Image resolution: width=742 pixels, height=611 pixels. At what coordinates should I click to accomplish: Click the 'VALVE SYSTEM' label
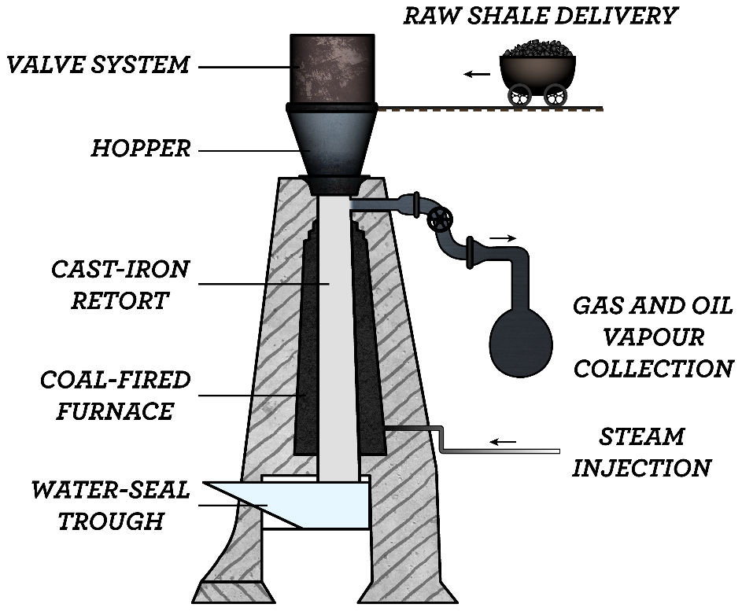tap(98, 64)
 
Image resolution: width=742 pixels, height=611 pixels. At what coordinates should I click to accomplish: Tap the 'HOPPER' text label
tap(141, 148)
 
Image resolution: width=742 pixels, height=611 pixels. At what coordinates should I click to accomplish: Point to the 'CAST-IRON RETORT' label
tap(120, 284)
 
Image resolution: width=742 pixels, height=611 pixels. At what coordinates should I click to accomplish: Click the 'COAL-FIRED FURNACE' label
tap(116, 395)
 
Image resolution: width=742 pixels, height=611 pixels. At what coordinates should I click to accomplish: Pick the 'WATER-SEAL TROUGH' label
tap(111, 505)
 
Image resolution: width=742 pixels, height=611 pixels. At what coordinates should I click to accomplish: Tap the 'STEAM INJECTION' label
tap(641, 452)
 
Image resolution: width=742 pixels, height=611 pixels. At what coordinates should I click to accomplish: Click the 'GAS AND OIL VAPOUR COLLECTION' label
tap(654, 337)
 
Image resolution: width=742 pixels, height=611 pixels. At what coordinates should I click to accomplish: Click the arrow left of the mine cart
tap(476, 74)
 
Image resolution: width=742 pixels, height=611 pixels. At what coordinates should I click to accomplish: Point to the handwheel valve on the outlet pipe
tap(440, 219)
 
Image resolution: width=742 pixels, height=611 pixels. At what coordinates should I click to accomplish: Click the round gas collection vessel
tap(521, 340)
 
